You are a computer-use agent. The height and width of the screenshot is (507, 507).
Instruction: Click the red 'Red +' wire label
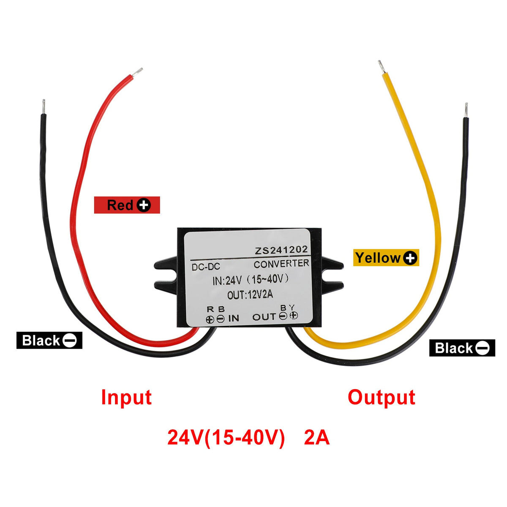(x=127, y=205)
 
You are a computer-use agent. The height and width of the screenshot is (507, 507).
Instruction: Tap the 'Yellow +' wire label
(x=386, y=258)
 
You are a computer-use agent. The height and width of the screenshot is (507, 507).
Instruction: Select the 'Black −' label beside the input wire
(x=49, y=341)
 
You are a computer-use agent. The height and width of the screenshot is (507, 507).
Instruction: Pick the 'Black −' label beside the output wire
(x=462, y=348)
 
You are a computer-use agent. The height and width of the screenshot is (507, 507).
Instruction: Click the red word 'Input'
(x=126, y=398)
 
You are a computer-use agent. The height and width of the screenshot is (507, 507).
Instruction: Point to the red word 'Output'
(x=382, y=398)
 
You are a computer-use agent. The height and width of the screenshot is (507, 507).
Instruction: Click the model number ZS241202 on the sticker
(x=281, y=251)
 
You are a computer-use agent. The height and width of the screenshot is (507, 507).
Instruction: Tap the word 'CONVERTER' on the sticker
(x=281, y=264)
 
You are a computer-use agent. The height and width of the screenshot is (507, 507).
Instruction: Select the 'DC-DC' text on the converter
(x=206, y=267)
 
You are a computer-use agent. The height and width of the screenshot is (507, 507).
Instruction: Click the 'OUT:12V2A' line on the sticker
(x=250, y=295)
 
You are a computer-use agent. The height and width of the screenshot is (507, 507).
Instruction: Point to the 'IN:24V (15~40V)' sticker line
(x=251, y=280)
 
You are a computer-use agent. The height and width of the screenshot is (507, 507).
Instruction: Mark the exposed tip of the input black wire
(x=44, y=106)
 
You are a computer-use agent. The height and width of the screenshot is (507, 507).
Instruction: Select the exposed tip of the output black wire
(x=466, y=110)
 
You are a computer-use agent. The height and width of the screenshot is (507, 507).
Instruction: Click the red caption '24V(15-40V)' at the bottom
(x=226, y=438)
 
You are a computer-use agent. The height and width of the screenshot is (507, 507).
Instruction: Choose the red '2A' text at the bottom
(x=316, y=438)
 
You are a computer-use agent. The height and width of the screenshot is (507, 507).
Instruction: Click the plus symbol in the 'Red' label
(x=144, y=205)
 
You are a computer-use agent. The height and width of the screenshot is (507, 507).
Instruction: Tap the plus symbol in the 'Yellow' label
(x=410, y=258)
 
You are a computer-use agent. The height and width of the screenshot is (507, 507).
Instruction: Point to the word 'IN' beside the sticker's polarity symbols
(x=234, y=318)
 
